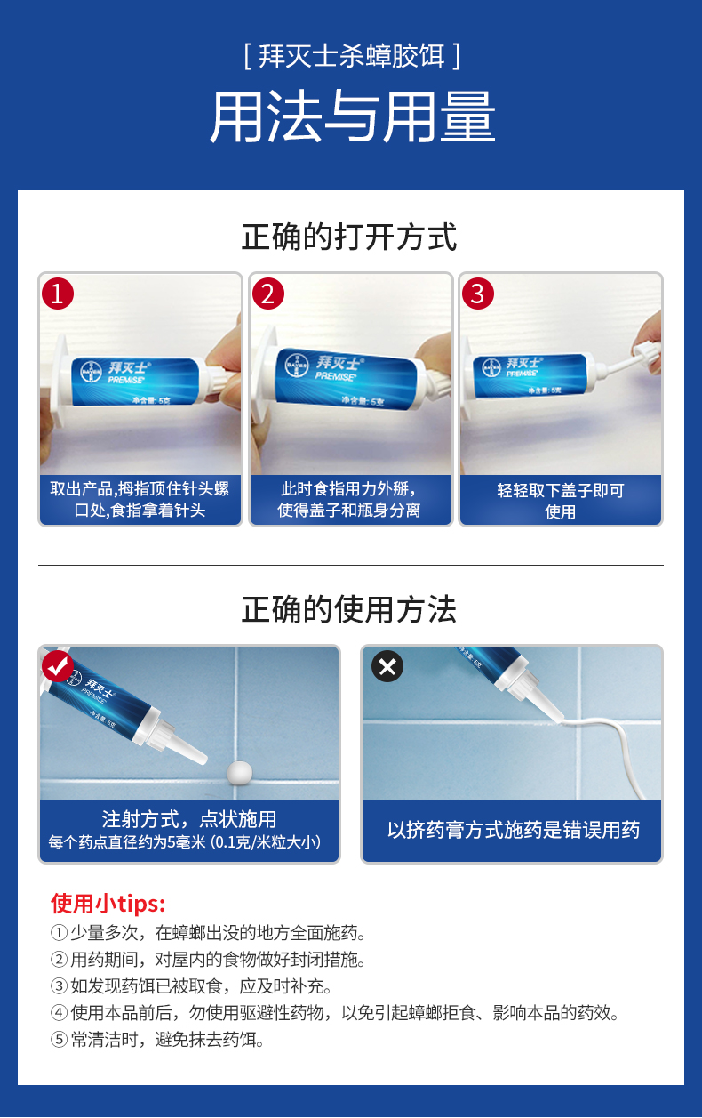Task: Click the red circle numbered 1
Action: (58, 294)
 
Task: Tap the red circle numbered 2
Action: (268, 294)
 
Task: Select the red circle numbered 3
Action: (478, 294)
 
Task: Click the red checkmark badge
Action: (58, 666)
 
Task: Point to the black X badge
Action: (387, 666)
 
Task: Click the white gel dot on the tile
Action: (240, 772)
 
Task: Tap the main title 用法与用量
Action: (352, 117)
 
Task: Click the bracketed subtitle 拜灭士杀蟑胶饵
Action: (352, 56)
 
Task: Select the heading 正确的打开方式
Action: (349, 237)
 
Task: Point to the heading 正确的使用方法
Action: (349, 609)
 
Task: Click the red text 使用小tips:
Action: (108, 904)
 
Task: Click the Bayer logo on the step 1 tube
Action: (91, 372)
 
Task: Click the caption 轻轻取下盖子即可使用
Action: (561, 501)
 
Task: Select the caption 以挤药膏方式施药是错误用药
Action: (514, 830)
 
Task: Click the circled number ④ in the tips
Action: (59, 1013)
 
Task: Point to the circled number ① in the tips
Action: (59, 932)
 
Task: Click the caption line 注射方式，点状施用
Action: (189, 819)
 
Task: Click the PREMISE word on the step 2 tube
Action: (335, 375)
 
